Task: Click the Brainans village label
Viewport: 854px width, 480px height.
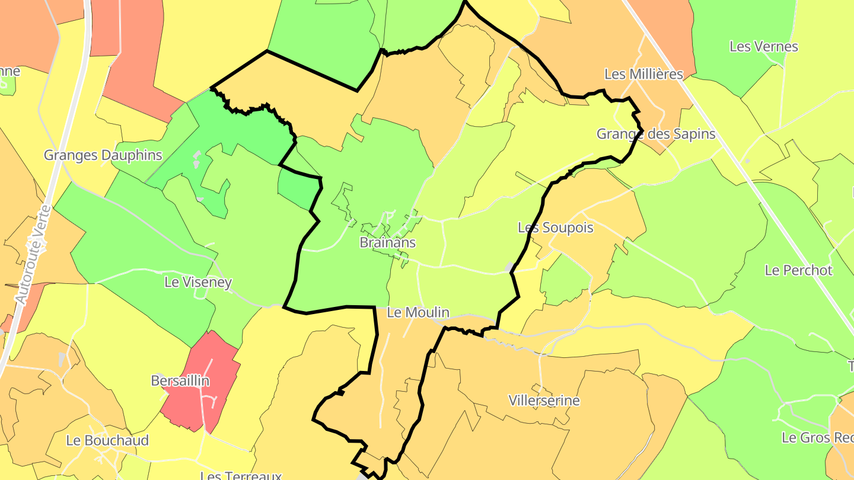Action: [387, 242]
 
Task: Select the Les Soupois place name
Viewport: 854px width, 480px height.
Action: [555, 228]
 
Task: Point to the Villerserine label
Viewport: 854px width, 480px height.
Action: [544, 401]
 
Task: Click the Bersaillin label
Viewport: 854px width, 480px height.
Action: [180, 380]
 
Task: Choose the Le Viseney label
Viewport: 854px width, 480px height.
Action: [197, 282]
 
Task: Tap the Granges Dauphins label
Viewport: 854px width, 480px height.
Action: [103, 155]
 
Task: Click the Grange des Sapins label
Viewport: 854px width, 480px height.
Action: [655, 134]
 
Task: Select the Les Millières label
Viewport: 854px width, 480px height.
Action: [643, 74]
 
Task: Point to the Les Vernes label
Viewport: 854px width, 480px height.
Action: [763, 46]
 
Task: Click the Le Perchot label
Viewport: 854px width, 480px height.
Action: [798, 270]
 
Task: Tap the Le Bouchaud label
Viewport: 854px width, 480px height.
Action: [107, 440]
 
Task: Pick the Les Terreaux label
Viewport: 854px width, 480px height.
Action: [240, 475]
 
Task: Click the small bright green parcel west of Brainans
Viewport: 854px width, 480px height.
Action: [297, 188]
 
